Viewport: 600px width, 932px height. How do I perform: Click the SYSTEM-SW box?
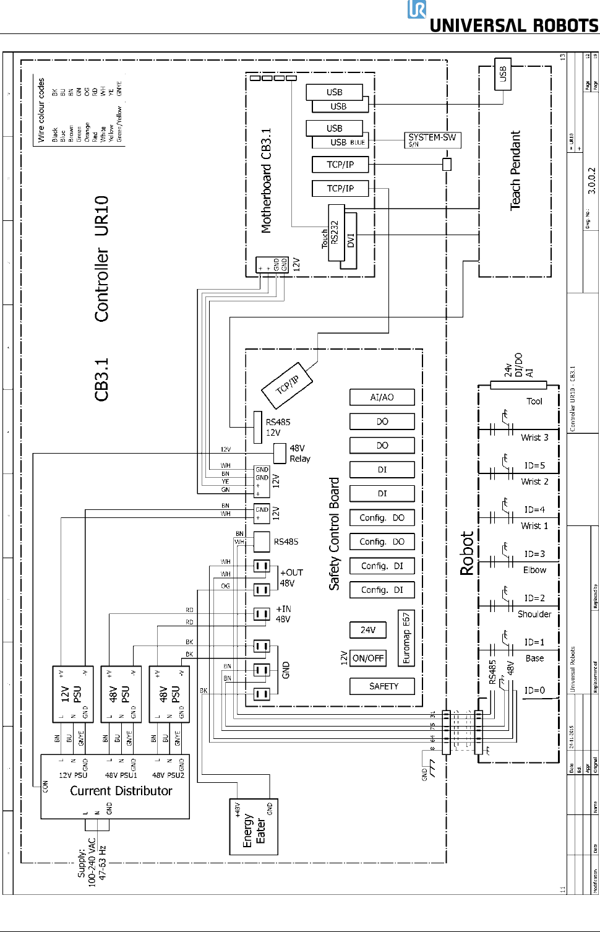pos(432,140)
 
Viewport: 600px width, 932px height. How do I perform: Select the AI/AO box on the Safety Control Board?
pos(382,397)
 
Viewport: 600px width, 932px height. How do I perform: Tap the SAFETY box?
pos(383,686)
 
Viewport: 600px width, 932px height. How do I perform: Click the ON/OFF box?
pos(367,658)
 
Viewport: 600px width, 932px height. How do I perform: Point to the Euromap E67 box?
pos(406,637)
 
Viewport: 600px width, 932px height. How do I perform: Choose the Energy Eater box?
pos(254,827)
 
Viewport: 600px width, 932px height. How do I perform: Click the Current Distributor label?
pos(121,791)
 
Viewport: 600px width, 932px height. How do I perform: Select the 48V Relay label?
pos(299,453)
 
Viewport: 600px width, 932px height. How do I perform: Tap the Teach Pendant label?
pos(515,171)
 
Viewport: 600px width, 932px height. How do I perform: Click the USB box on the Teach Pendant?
pos(503,74)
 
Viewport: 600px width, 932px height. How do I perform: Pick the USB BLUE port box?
pos(339,142)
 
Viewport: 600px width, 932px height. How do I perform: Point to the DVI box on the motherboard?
pos(350,240)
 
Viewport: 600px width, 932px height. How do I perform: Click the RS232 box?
pos(335,233)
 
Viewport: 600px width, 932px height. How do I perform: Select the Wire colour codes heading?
pos(41,110)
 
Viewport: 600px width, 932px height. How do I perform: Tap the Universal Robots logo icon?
pos(417,10)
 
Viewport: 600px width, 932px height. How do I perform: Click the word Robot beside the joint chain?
pos(467,553)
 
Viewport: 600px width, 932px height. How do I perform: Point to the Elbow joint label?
pos(534,570)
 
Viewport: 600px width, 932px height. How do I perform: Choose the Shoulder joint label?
pos(534,614)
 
